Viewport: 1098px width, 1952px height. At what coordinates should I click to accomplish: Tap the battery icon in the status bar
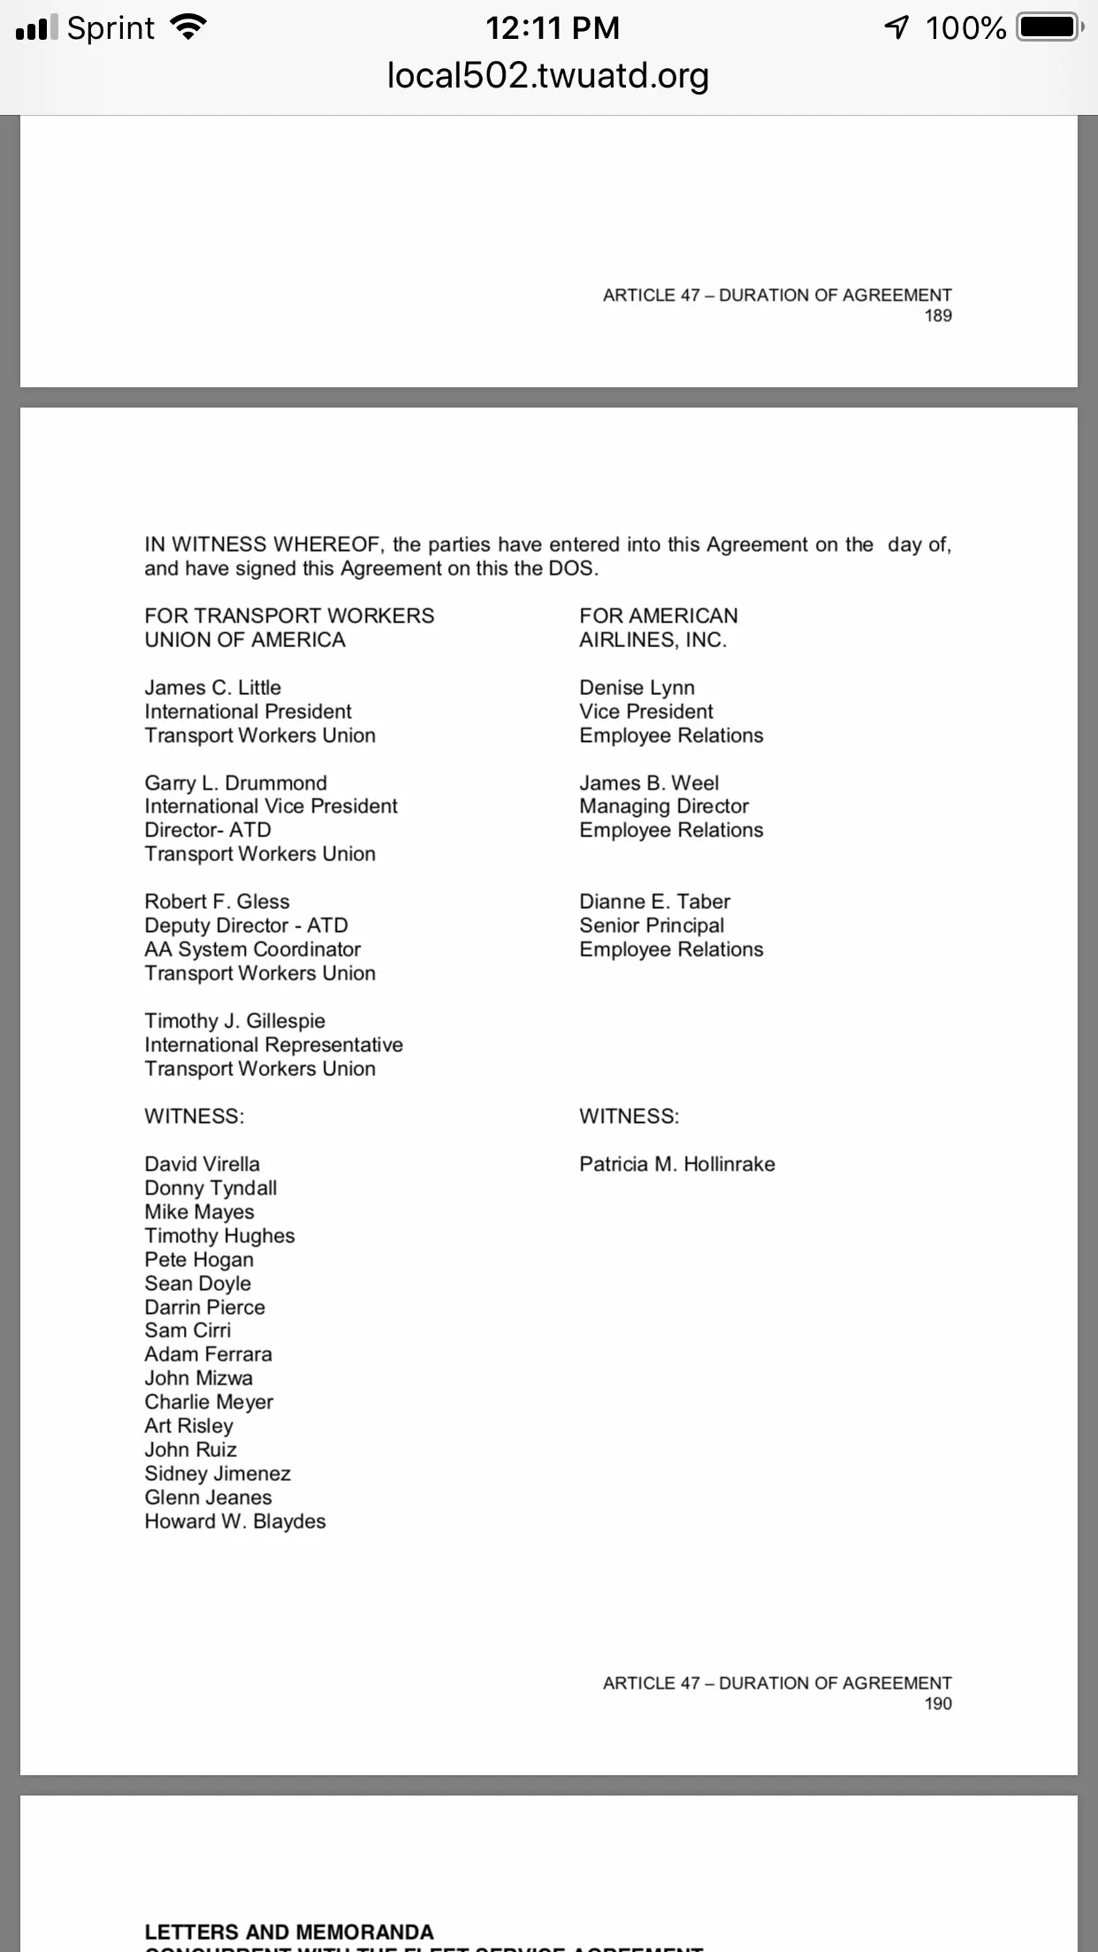tap(1048, 27)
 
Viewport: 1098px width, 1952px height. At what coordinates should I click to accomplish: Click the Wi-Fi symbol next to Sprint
tap(187, 28)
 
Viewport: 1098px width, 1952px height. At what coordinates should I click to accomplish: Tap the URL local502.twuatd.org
tap(548, 76)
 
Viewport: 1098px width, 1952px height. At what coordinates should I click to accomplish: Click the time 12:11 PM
tap(552, 28)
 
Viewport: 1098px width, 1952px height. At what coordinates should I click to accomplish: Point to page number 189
tap(937, 316)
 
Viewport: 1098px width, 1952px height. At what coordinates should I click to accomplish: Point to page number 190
tap(937, 1704)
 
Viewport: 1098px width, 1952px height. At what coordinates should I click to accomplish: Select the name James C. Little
tap(212, 688)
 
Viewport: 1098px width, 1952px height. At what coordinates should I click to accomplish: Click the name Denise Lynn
tap(637, 688)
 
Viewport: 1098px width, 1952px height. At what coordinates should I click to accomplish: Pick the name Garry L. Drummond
tap(235, 783)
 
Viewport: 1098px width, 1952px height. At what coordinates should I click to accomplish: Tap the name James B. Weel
tap(649, 783)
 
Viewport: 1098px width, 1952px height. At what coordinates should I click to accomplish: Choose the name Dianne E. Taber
tap(654, 902)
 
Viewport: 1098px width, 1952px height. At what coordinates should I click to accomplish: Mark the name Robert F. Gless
tap(217, 902)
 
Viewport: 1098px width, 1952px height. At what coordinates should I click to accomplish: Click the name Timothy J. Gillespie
tap(234, 1021)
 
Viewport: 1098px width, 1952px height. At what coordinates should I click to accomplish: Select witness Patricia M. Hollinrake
tap(676, 1164)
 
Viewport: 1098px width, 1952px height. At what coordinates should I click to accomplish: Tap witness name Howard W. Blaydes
tap(235, 1521)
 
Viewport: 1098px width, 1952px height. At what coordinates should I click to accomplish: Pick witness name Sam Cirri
tap(187, 1331)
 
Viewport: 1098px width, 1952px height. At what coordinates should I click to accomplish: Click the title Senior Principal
tap(652, 926)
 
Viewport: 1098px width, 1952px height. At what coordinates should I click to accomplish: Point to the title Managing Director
tap(663, 806)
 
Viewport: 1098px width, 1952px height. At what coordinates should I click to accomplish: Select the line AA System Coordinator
tap(252, 949)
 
